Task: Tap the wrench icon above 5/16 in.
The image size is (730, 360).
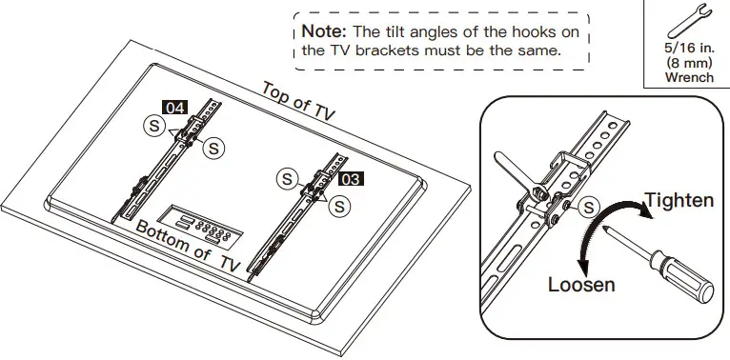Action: pyautogui.click(x=689, y=18)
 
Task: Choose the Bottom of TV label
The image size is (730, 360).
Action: pyautogui.click(x=188, y=245)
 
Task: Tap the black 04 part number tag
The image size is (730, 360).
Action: pyautogui.click(x=174, y=108)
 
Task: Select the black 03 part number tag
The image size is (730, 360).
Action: pyautogui.click(x=351, y=177)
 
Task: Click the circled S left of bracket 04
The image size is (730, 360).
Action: pyautogui.click(x=152, y=125)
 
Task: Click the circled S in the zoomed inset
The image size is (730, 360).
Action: pyautogui.click(x=590, y=207)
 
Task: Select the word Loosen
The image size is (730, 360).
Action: pyautogui.click(x=581, y=284)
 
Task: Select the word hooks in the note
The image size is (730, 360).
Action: pyautogui.click(x=538, y=31)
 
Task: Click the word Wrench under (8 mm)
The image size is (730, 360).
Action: pyautogui.click(x=689, y=77)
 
